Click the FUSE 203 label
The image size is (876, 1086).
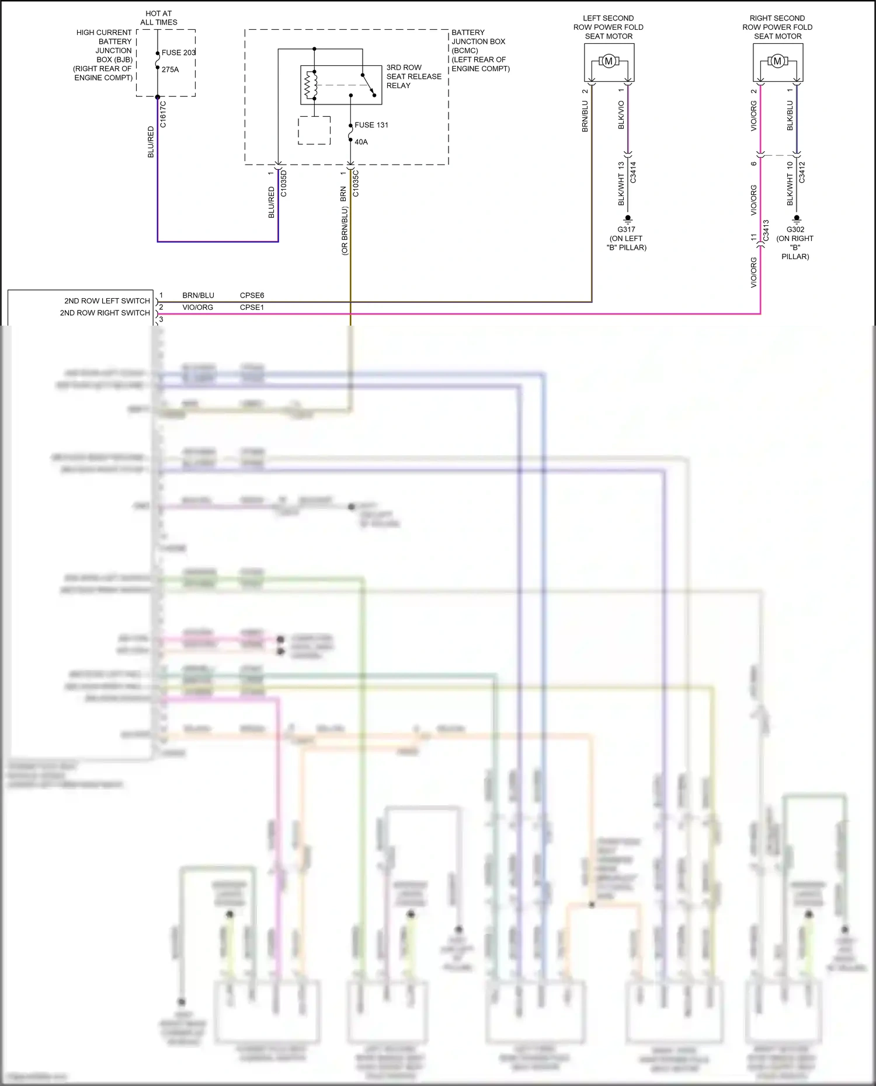(x=178, y=53)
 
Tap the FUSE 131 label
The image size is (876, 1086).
(x=371, y=125)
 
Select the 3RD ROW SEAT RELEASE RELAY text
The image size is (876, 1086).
(x=413, y=76)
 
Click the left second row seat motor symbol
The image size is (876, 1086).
(x=609, y=61)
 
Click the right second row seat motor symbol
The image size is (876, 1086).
(x=777, y=61)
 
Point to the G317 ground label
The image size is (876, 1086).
(x=626, y=229)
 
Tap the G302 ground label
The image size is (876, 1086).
(x=795, y=229)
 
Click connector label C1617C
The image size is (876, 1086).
(x=163, y=114)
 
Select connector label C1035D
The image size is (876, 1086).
(x=284, y=183)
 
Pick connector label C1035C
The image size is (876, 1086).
(x=356, y=183)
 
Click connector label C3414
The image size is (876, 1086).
(x=633, y=173)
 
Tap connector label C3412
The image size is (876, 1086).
(x=802, y=173)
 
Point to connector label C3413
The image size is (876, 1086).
(x=766, y=231)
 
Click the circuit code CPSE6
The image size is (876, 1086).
(x=252, y=295)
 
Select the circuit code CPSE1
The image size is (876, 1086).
(x=252, y=308)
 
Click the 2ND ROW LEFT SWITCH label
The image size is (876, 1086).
(x=107, y=301)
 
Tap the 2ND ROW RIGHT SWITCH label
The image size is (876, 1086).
(x=105, y=313)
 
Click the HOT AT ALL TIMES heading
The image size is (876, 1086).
(x=159, y=18)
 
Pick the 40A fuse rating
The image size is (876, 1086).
(x=361, y=142)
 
